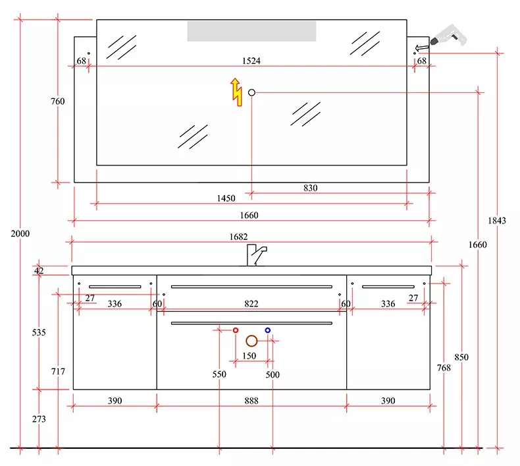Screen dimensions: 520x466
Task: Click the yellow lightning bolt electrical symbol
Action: coord(236,92)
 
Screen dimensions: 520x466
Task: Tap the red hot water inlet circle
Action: coord(236,330)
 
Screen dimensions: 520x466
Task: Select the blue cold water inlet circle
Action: coord(268,330)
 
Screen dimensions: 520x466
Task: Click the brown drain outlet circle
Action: coord(251,341)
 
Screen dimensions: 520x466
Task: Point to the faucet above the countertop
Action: coord(256,255)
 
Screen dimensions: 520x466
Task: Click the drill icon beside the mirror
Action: coord(448,36)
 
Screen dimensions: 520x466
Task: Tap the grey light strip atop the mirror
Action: coord(251,31)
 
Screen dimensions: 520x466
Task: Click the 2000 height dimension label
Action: coord(20,234)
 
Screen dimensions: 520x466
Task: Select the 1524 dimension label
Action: coord(251,61)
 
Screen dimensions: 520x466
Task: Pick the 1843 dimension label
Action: coord(497,221)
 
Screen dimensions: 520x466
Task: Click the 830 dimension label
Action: coord(311,188)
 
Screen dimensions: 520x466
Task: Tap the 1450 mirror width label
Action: coord(226,198)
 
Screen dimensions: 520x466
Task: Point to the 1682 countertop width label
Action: coord(238,237)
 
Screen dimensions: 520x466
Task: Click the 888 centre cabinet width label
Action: coord(251,401)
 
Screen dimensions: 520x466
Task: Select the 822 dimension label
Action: coord(251,304)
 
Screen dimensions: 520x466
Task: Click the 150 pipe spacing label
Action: coord(249,356)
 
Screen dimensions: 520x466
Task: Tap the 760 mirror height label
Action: coord(58,102)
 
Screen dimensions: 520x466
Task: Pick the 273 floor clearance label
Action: coord(39,419)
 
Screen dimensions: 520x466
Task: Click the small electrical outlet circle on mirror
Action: coord(251,93)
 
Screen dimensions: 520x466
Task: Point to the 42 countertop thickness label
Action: coord(39,271)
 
